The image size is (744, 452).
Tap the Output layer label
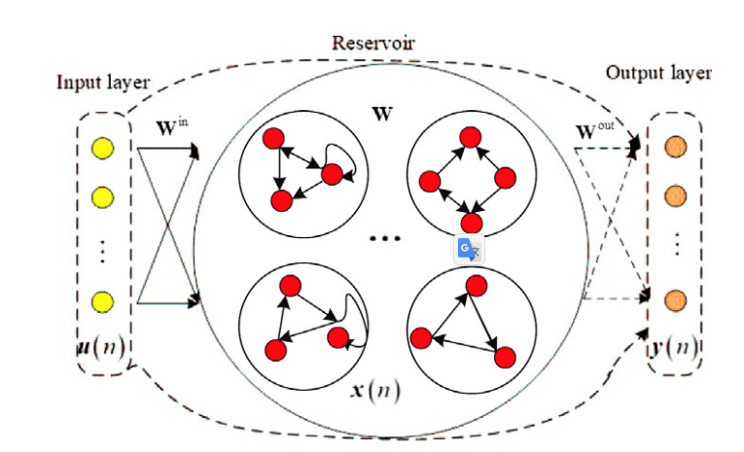point(657,73)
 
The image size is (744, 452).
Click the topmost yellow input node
point(102,148)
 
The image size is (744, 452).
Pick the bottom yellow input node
point(102,300)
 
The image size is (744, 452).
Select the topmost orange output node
point(672,149)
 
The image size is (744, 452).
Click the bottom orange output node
point(672,300)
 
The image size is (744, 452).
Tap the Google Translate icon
point(469,249)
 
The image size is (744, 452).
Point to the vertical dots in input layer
point(102,252)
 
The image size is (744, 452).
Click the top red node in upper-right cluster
point(473,135)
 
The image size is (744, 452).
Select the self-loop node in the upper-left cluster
point(331,175)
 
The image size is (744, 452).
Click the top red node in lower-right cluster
point(475,285)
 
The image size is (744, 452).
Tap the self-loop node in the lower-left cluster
point(337,338)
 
